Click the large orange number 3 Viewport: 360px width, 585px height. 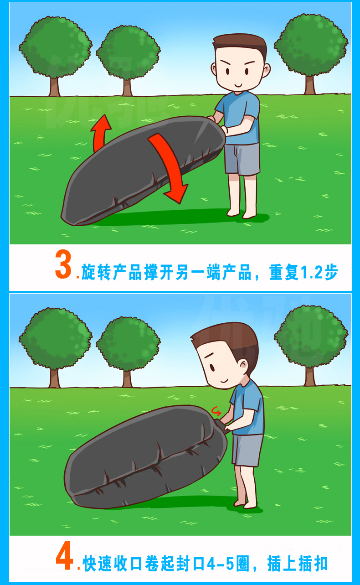point(63,264)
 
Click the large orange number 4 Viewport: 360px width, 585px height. point(64,556)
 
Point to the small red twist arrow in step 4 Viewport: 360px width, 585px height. point(216,411)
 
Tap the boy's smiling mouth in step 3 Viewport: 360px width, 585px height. point(238,85)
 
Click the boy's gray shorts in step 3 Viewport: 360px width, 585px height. point(242,159)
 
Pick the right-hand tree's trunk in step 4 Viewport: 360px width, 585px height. point(310,376)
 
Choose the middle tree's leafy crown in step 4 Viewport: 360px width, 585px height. point(128,343)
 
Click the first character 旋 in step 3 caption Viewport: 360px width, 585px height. point(88,272)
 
